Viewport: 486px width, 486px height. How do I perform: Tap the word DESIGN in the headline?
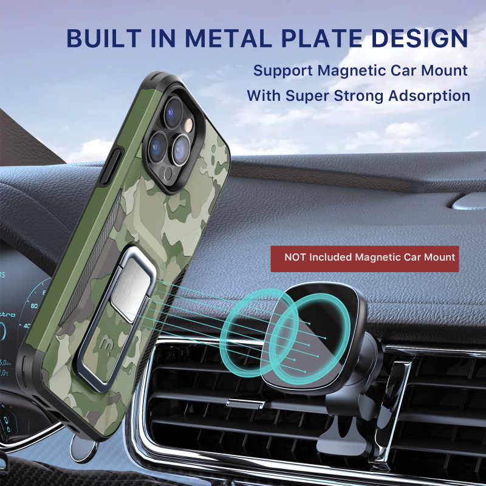[420, 38]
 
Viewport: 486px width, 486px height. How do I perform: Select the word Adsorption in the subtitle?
[430, 96]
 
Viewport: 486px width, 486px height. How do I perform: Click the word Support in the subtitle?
[282, 71]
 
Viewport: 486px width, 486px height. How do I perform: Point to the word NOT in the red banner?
[295, 257]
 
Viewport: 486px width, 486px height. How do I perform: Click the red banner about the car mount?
[364, 259]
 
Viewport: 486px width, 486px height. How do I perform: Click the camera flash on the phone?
[189, 125]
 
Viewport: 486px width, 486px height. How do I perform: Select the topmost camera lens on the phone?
[174, 112]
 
